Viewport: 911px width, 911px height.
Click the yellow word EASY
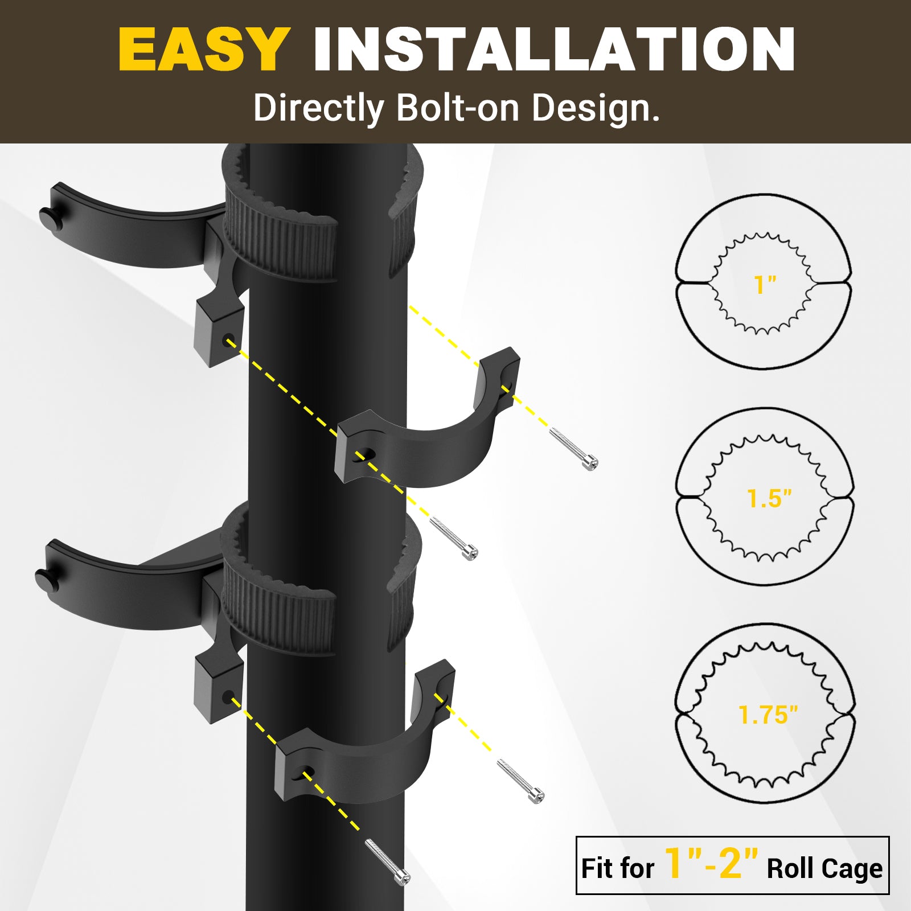click(x=204, y=50)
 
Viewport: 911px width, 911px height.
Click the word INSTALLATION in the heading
click(x=554, y=50)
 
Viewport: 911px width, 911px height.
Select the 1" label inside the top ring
click(x=765, y=285)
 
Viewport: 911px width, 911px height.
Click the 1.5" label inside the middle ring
click(x=769, y=499)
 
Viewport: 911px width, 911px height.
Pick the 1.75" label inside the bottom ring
click(x=768, y=715)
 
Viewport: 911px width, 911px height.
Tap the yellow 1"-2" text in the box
click(x=711, y=863)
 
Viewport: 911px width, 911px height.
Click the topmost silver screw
click(x=573, y=449)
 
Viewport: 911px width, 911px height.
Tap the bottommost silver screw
click(x=387, y=862)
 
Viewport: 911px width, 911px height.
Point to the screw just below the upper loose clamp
click(x=454, y=539)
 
